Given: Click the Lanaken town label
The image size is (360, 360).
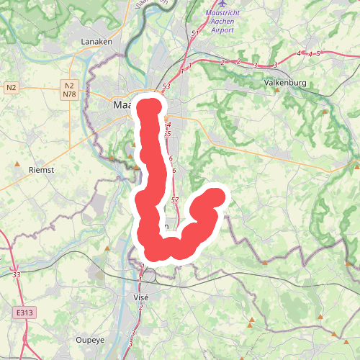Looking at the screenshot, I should click(97, 42).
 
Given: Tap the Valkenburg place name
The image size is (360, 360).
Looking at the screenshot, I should click(285, 83).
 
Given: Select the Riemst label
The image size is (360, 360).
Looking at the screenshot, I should click(41, 170).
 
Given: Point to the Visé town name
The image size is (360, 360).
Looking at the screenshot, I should click(141, 297).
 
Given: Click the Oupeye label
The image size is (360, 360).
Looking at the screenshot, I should click(91, 339).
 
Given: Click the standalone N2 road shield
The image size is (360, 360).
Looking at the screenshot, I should click(11, 88).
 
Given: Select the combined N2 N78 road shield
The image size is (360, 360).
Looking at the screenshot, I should click(69, 89).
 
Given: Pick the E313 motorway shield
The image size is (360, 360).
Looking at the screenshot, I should click(24, 313).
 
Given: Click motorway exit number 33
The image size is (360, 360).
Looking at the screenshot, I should click(17, 274).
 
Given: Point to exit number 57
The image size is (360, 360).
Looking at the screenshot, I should click(175, 199).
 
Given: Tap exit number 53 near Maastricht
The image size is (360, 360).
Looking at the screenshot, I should click(167, 86).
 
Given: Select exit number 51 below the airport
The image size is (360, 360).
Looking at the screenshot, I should click(195, 34).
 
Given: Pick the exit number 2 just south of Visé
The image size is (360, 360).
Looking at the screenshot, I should click(140, 307).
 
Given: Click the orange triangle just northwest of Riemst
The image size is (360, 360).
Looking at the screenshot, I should click(18, 164).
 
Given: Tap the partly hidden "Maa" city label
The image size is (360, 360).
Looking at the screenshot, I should click(124, 105).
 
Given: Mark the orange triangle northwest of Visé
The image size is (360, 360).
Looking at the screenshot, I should click(107, 248).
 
